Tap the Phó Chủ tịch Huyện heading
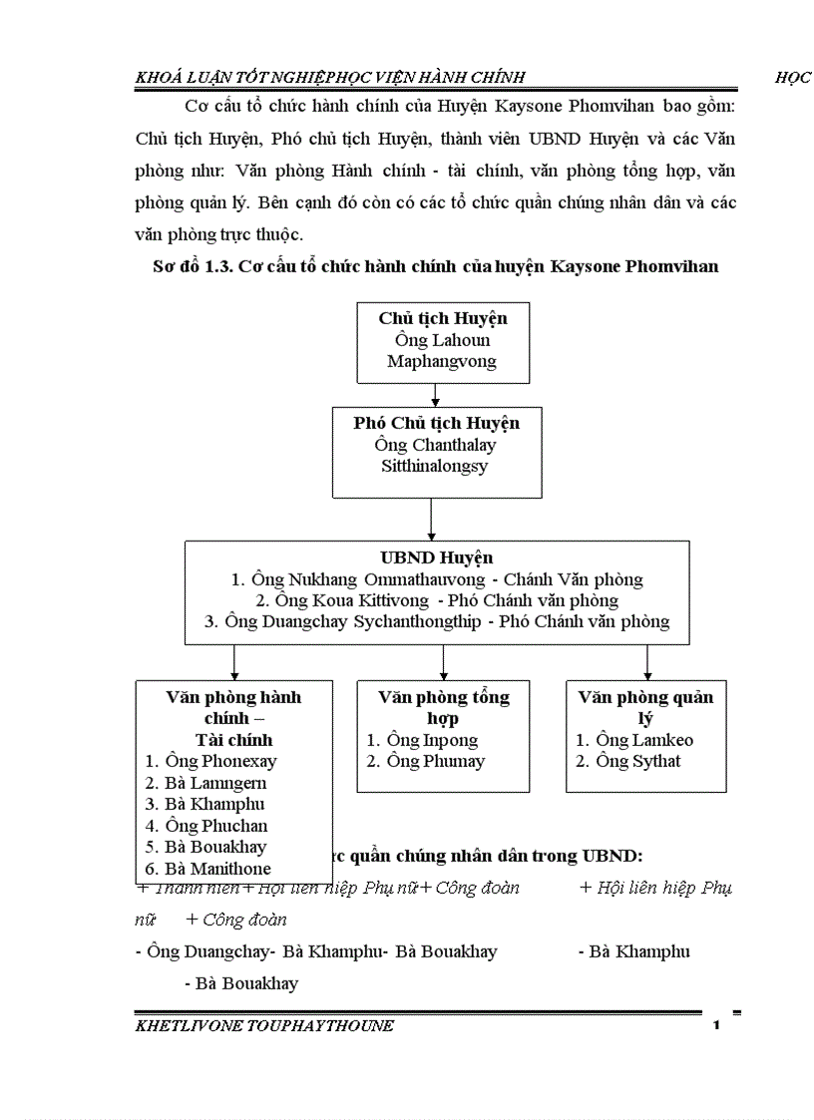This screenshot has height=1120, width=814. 436,423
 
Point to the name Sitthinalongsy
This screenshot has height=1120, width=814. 435,466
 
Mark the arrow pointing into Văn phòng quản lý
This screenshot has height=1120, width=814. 647,663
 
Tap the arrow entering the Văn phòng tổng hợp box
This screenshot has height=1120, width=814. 443,663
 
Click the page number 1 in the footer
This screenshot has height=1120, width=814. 716,1027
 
